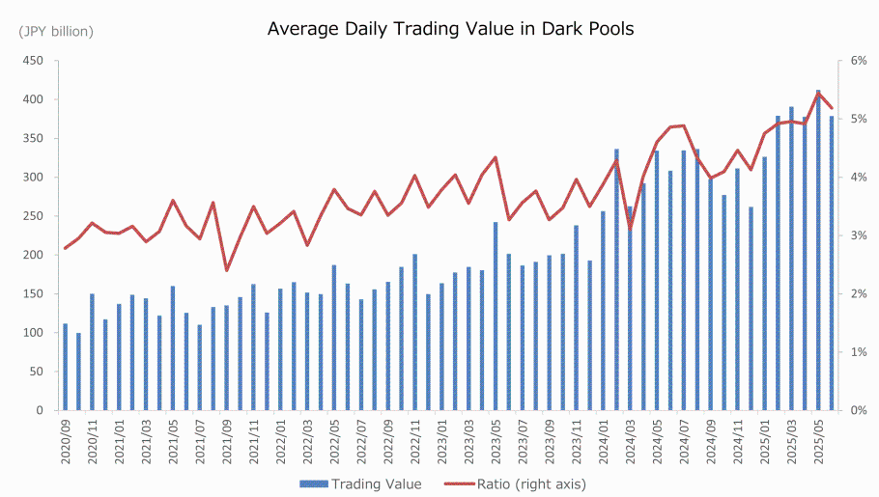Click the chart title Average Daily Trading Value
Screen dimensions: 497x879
click(450, 29)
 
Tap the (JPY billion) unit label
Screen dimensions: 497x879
click(56, 32)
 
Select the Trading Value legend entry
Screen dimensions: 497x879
click(368, 483)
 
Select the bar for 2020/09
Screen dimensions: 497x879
click(66, 367)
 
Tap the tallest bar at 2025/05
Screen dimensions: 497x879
click(818, 251)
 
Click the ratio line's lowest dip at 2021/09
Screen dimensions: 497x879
click(227, 270)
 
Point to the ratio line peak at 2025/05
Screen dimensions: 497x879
click(818, 94)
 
